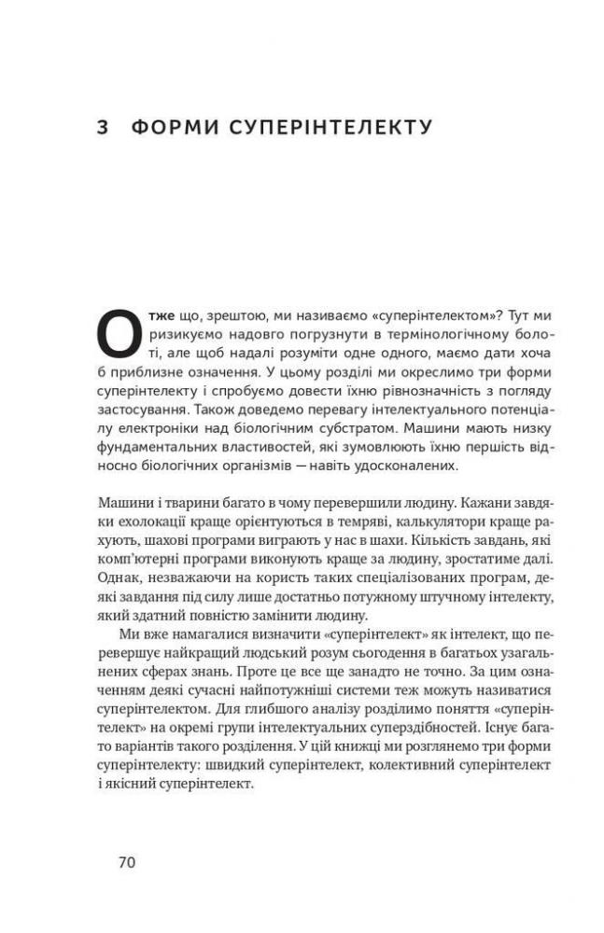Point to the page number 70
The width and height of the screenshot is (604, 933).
(127, 862)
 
